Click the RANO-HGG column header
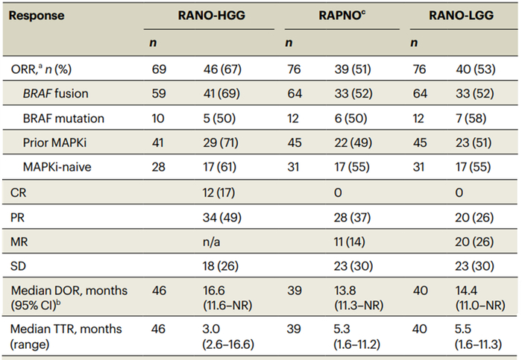(211, 16)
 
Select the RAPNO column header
(342, 16)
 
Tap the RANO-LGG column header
(461, 16)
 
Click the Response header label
(37, 16)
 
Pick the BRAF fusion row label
(56, 93)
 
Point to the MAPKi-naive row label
(57, 167)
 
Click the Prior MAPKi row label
(54, 143)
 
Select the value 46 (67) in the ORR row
(222, 69)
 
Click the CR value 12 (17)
(218, 192)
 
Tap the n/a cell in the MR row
(211, 242)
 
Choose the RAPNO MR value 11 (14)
(349, 242)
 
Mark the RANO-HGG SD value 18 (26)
(221, 266)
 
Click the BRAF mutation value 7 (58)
(471, 119)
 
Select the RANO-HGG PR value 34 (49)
(221, 218)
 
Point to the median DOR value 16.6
(214, 291)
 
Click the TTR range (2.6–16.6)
(228, 344)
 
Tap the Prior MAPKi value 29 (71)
(221, 143)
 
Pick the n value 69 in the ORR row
(159, 69)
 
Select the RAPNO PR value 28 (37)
(352, 218)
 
